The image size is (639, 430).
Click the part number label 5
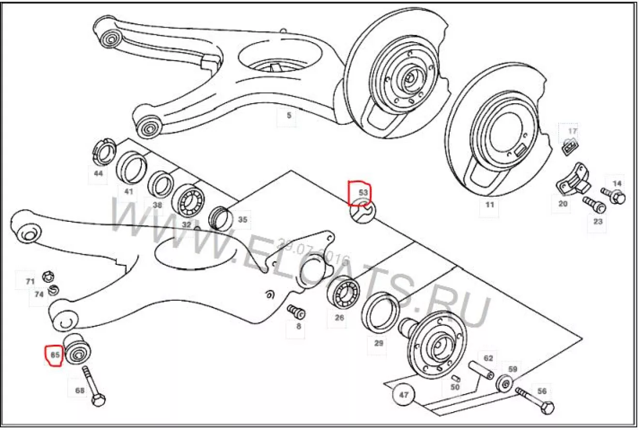pos(289,116)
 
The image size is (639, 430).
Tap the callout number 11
pos(489,205)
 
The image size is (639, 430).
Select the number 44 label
pos(98,173)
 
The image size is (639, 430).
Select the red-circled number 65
pos(55,355)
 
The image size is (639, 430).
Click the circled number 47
pos(404,395)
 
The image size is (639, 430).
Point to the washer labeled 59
pos(505,384)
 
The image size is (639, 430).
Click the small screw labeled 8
pos(295,310)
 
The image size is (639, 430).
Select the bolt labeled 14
pos(613,196)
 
